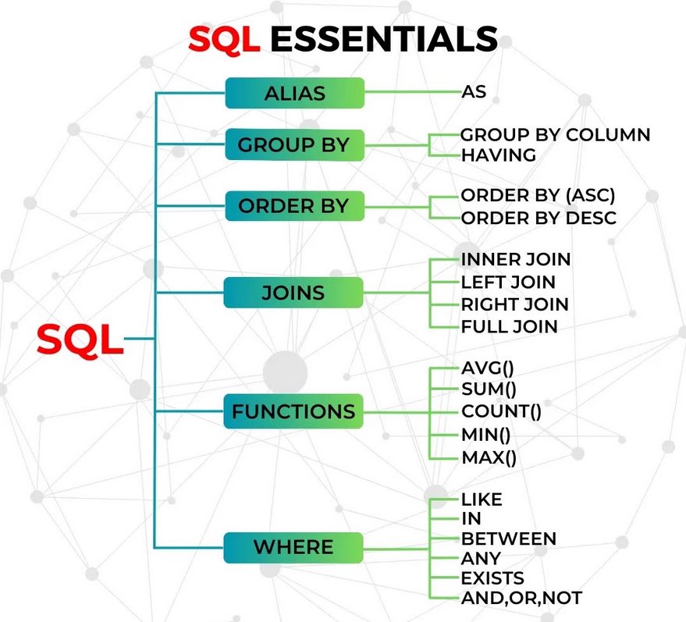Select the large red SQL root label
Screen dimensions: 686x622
[80, 339]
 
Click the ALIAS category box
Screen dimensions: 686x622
[294, 94]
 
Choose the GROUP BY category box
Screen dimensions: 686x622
[294, 145]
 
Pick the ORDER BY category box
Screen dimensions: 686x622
[294, 207]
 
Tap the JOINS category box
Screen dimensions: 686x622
[294, 293]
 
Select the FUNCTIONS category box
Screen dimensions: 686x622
[294, 411]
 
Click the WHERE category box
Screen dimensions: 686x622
[294, 547]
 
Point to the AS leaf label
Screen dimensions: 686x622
[474, 92]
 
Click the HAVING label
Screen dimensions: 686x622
[499, 155]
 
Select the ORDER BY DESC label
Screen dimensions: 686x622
[538, 218]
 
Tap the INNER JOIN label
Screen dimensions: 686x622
[516, 259]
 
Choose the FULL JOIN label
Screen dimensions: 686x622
[509, 326]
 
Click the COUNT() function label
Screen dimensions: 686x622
[501, 411]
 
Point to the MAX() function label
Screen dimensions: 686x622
[489, 457]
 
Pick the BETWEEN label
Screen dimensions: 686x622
[508, 538]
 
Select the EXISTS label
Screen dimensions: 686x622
[492, 579]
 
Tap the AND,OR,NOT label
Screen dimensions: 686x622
[521, 599]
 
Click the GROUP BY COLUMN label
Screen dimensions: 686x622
[555, 135]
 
